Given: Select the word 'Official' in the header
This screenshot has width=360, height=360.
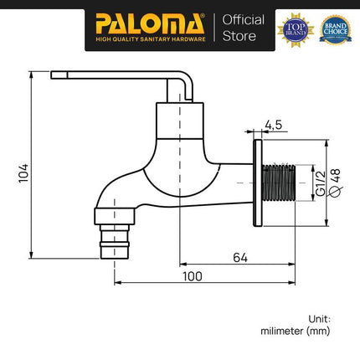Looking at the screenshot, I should (x=244, y=19).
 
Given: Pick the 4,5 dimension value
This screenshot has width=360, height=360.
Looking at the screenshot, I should (x=273, y=126).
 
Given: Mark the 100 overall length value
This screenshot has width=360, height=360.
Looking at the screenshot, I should (x=195, y=275).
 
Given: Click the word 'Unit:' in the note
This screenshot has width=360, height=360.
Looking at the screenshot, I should (x=318, y=318).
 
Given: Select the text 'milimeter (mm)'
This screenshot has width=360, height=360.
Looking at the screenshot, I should (x=296, y=332).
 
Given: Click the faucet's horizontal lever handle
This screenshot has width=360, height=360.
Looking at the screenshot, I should (x=117, y=76).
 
